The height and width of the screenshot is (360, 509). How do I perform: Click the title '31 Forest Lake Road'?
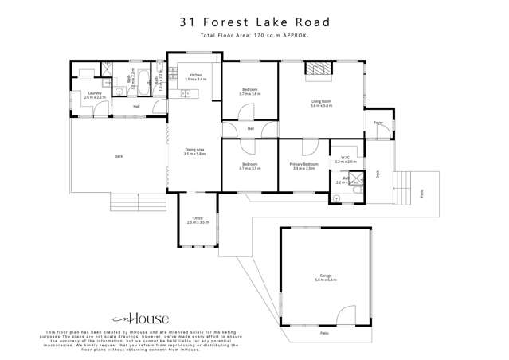[x=254, y=22]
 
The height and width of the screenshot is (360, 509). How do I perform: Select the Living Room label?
[x=321, y=103]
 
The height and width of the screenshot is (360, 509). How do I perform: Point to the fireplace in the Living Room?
[x=317, y=72]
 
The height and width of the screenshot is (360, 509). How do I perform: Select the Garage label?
[x=325, y=279]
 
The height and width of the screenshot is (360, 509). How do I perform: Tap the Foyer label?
[x=378, y=123]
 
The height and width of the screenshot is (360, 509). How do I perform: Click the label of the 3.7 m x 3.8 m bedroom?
[x=249, y=92]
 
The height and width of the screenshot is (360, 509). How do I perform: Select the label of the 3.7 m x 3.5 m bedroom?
[x=249, y=166]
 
